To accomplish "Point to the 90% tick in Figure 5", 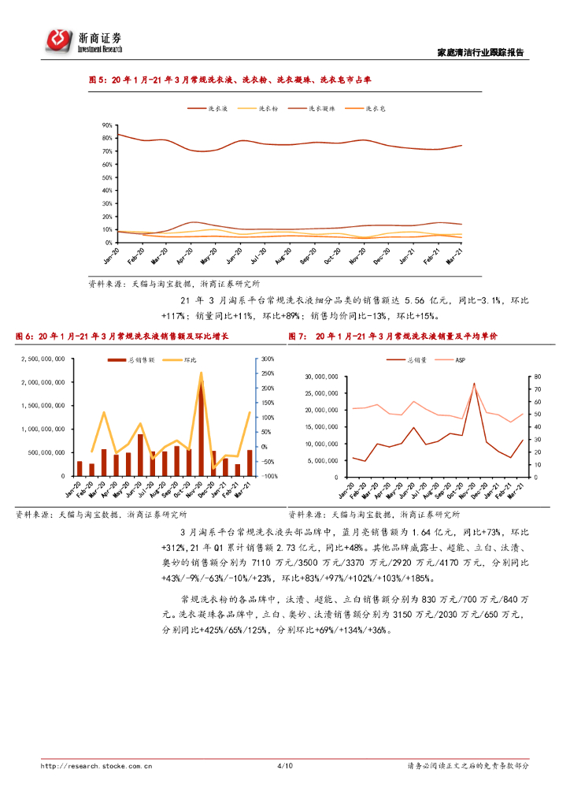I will (x=106, y=126).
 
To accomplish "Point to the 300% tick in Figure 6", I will (x=267, y=359).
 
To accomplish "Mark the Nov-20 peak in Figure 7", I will (x=474, y=384).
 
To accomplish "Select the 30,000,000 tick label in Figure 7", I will (x=321, y=377).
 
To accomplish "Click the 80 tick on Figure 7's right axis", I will (x=536, y=377).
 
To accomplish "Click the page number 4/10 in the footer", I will (x=285, y=765).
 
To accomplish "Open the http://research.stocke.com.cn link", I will (x=96, y=765).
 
